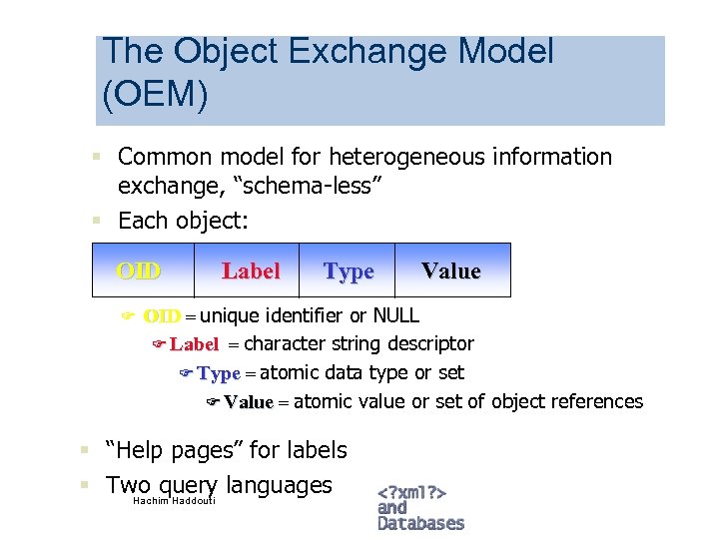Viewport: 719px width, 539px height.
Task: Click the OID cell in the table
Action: click(140, 270)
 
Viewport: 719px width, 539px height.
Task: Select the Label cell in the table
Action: click(251, 270)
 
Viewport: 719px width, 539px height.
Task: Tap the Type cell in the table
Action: click(349, 271)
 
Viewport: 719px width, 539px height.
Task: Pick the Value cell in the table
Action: click(451, 270)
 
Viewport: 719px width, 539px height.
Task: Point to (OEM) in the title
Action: click(155, 95)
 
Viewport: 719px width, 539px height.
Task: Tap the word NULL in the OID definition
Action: click(396, 316)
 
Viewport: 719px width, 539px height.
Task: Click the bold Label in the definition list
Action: click(194, 345)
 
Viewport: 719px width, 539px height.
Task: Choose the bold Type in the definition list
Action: click(219, 374)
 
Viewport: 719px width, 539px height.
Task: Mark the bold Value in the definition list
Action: click(249, 402)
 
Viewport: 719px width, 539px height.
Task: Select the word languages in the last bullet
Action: click(279, 486)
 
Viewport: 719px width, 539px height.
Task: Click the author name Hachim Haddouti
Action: click(174, 500)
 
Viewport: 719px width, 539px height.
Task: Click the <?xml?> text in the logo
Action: click(411, 492)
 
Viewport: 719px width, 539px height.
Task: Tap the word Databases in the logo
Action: click(420, 523)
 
